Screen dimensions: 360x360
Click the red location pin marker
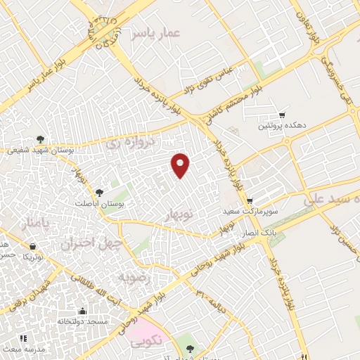pyautogui.click(x=181, y=165)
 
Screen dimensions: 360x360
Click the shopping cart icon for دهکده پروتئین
pyautogui.click(x=283, y=114)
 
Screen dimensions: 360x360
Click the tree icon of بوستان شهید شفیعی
pyautogui.click(x=40, y=139)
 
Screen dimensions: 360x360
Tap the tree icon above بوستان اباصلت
pyautogui.click(x=99, y=191)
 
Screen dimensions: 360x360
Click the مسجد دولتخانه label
pyautogui.click(x=83, y=321)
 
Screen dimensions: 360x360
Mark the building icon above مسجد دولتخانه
pyautogui.click(x=83, y=310)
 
